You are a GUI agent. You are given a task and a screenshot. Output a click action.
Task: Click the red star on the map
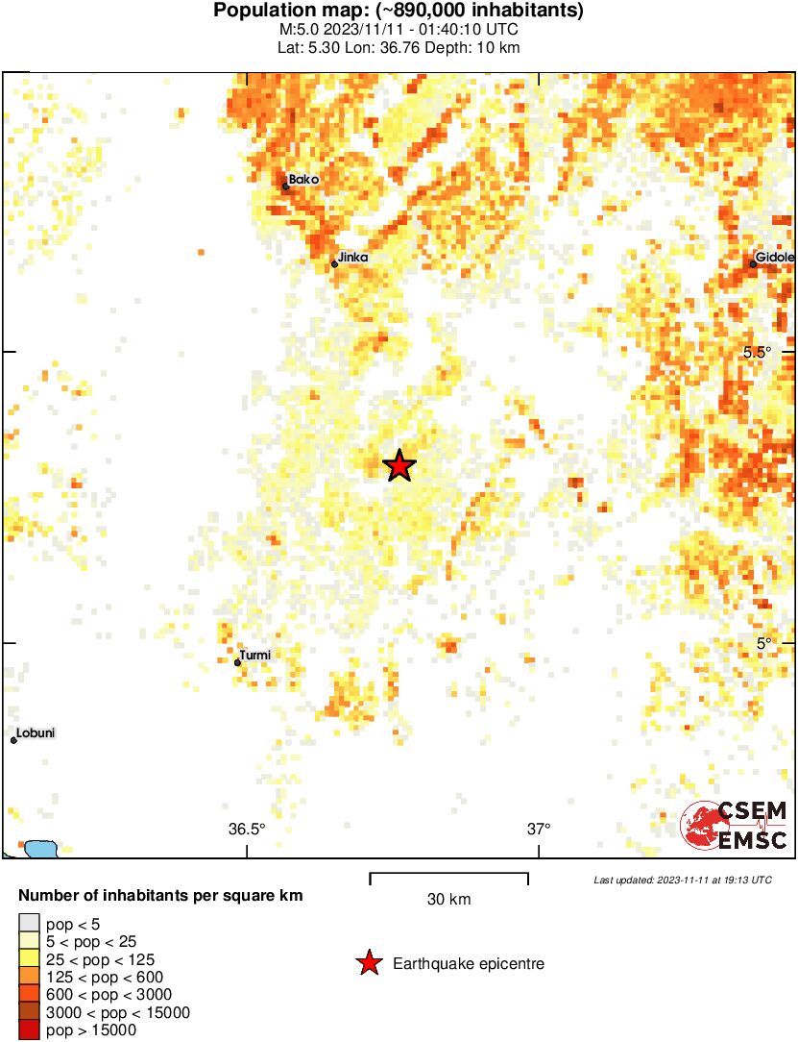(399, 465)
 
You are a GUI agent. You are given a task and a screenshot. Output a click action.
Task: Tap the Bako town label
(303, 179)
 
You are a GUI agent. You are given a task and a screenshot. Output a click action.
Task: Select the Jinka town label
(352, 258)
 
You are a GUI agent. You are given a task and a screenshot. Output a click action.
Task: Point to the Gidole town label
(774, 258)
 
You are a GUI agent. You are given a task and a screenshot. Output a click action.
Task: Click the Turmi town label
(255, 656)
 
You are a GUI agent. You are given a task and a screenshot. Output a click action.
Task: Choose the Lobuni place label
(36, 733)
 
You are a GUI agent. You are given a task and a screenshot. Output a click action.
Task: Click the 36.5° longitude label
(247, 830)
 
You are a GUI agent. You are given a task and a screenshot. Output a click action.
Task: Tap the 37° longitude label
(539, 830)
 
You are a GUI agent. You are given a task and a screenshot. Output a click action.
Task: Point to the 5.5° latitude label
(758, 352)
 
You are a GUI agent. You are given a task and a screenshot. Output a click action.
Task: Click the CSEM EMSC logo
(735, 826)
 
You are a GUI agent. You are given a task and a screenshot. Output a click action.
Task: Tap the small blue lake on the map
(40, 850)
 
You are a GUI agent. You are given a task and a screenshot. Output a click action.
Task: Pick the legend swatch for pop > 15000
(30, 1030)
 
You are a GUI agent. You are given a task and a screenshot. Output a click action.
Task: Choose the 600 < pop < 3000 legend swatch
(30, 994)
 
